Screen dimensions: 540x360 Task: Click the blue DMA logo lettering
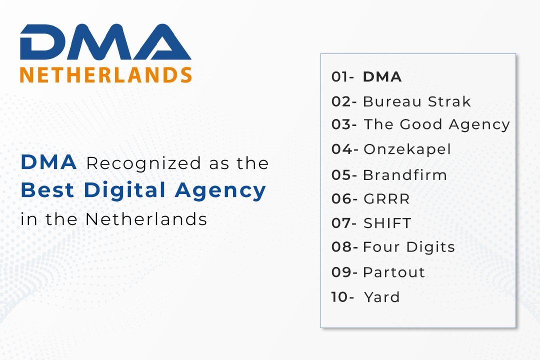(x=105, y=42)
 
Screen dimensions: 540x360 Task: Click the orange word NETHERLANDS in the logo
(x=105, y=75)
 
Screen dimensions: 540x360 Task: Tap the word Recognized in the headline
(x=143, y=163)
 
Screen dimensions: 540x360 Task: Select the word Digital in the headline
(x=124, y=190)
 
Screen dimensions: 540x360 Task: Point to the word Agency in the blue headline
(x=220, y=191)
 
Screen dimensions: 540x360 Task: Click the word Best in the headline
(x=47, y=190)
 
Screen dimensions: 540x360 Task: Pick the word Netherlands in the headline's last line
(x=146, y=219)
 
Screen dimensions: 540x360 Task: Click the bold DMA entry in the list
(x=382, y=77)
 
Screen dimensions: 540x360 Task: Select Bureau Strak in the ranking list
(x=416, y=101)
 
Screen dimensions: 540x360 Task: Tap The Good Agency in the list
(x=436, y=124)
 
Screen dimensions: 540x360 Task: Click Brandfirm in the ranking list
(x=405, y=175)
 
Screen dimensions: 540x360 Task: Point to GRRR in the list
(x=386, y=199)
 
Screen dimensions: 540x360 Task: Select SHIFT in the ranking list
(x=387, y=223)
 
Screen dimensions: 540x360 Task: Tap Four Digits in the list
(x=409, y=247)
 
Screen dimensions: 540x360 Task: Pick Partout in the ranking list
(x=394, y=272)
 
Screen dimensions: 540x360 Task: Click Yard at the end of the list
(x=382, y=297)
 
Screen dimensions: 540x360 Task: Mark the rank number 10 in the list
(x=339, y=297)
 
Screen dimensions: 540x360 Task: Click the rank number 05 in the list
(x=341, y=175)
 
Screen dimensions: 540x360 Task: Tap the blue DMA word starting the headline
(x=48, y=162)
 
